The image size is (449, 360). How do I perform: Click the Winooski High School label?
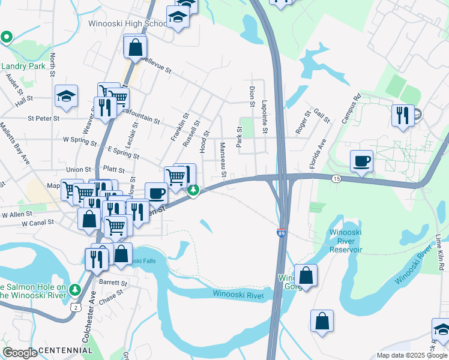click(127, 24)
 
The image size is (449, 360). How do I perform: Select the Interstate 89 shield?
click(282, 232)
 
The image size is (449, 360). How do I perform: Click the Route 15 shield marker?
click(336, 179)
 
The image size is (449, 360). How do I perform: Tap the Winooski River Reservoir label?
click(346, 241)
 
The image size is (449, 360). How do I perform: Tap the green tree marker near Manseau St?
click(193, 191)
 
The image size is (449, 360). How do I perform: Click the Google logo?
click(20, 353)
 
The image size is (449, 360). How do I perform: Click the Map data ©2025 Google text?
click(411, 355)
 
